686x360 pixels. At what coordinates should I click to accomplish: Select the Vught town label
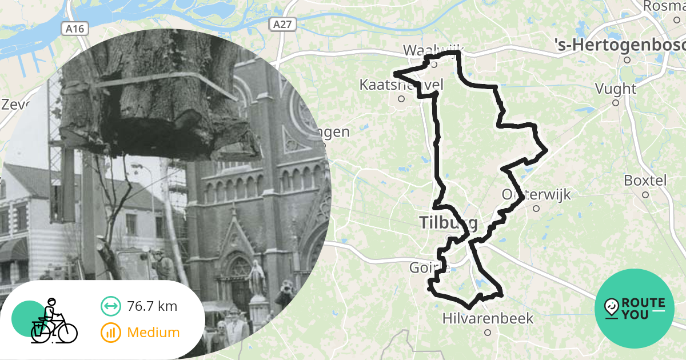[x=615, y=89]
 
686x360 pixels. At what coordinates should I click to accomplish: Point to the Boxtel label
[x=645, y=180]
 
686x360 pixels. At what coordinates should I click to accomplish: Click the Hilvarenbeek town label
[x=488, y=318]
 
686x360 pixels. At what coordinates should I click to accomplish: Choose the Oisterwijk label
[x=536, y=194]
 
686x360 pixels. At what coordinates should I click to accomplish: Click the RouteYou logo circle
[x=635, y=309]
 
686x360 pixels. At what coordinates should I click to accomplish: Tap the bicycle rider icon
[x=53, y=322]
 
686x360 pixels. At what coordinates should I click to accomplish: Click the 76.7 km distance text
[x=152, y=306]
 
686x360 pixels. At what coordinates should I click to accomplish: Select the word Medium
[x=153, y=332]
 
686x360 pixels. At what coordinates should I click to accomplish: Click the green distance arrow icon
[x=110, y=306]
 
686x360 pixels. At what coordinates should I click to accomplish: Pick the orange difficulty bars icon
[x=110, y=332]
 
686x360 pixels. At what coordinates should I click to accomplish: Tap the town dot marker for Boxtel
[x=645, y=194]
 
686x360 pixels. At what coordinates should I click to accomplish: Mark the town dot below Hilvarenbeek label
[x=488, y=332]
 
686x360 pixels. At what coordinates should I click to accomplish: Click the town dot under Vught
[x=616, y=103]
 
